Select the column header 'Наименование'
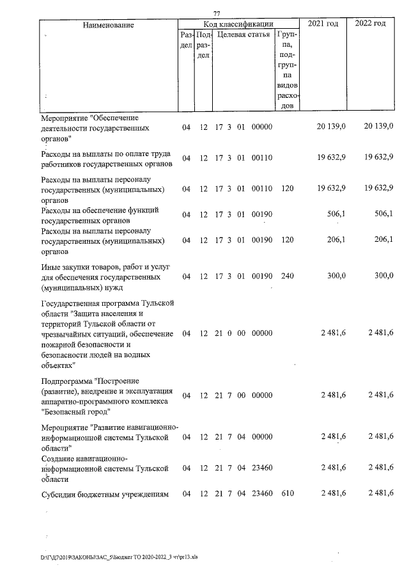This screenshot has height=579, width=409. (x=108, y=25)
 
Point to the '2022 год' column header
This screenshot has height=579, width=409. (x=371, y=24)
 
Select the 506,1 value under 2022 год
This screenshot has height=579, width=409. (x=383, y=214)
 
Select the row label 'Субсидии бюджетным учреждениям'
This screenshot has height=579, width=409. (x=104, y=492)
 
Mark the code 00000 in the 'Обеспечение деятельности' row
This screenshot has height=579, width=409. (x=262, y=127)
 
